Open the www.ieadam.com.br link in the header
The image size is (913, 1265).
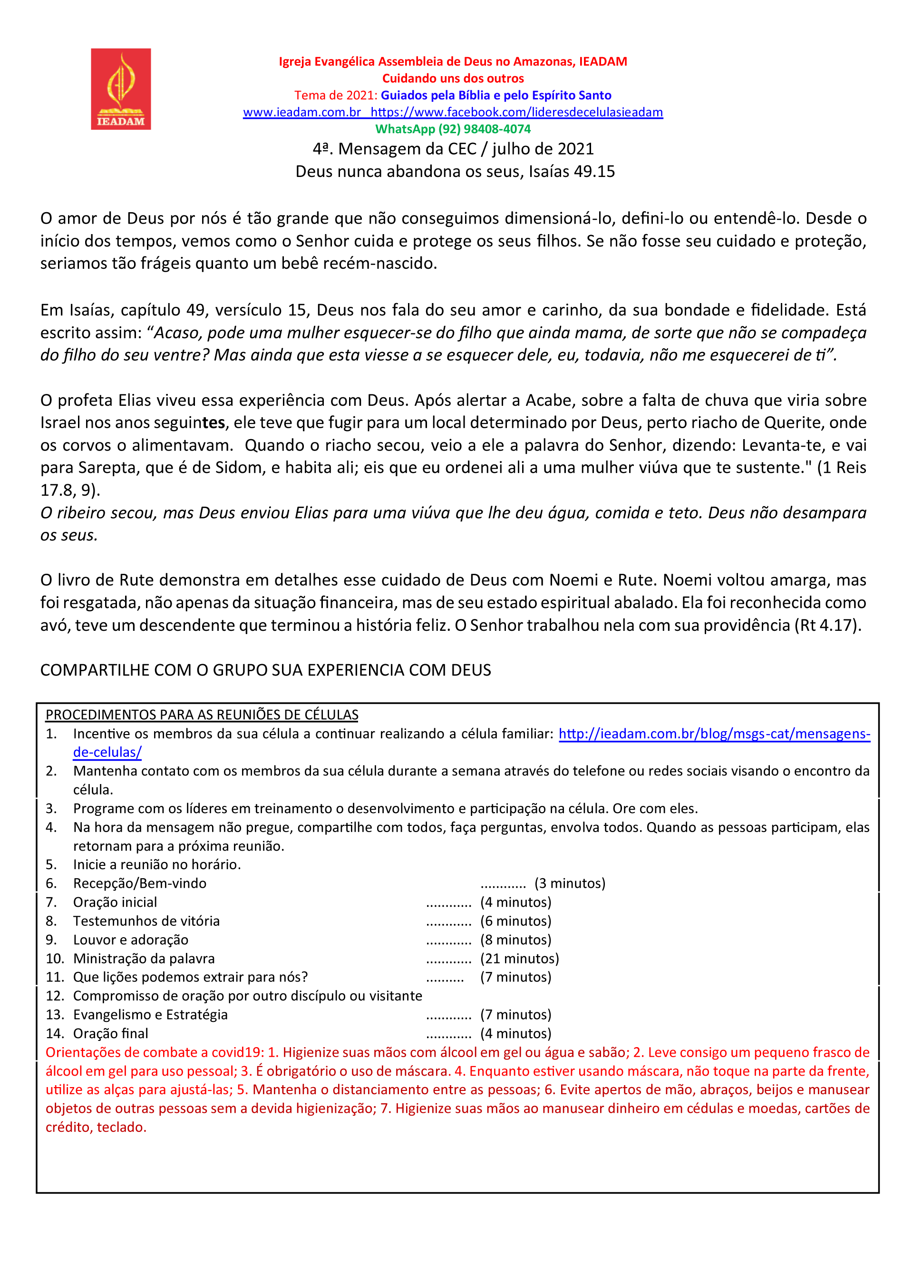tap(301, 112)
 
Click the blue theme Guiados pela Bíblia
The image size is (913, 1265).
tap(495, 95)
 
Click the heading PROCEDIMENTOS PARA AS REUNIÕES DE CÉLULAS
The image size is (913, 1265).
tap(202, 715)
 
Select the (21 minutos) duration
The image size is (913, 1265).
tap(519, 958)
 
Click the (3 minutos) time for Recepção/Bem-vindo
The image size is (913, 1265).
tap(569, 883)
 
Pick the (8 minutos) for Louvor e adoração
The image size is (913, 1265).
tap(515, 939)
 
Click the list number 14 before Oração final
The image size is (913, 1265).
tap(55, 1033)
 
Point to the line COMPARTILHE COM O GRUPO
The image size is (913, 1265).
tap(265, 670)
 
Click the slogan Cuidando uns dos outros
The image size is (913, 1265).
tap(453, 78)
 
